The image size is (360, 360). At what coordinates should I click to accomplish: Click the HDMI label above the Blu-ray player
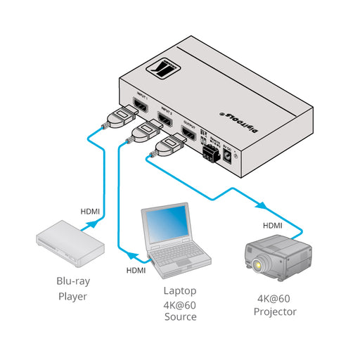click(x=90, y=210)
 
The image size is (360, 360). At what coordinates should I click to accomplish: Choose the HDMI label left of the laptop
click(x=136, y=270)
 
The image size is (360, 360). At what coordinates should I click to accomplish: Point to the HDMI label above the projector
click(x=273, y=226)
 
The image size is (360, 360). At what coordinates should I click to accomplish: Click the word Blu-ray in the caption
click(x=73, y=281)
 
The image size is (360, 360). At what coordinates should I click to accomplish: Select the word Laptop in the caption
click(x=180, y=290)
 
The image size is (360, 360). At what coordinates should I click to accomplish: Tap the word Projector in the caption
click(x=276, y=311)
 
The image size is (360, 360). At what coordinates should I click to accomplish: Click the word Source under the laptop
click(x=180, y=317)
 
